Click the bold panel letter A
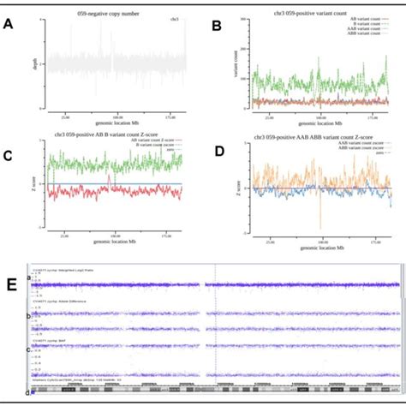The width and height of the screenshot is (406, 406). coord(9,26)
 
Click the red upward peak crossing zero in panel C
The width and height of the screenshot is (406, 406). coord(110,178)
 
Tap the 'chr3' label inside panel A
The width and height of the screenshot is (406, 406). coord(175,18)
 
